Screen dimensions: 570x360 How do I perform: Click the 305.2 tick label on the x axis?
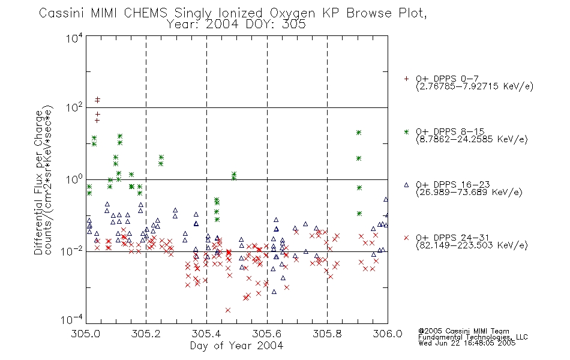pos(146,334)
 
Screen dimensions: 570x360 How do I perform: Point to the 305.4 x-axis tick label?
pos(206,334)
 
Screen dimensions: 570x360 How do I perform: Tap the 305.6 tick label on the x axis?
pos(267,334)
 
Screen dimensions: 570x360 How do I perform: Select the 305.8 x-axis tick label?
pos(327,334)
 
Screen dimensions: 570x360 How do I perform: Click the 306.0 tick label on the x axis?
pos(388,334)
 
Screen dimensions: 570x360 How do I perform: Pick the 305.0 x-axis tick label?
pos(85,334)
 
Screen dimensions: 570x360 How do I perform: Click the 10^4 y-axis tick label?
pos(74,38)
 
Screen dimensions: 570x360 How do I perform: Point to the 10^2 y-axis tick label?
pos(74,108)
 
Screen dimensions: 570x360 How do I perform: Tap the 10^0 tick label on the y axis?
pos(74,179)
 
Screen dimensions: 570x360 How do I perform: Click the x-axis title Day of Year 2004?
pos(236,346)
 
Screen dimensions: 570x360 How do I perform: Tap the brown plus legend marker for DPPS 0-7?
pos(406,79)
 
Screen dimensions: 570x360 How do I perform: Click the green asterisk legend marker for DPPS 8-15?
pos(406,132)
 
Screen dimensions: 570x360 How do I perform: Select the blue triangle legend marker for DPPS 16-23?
pos(406,185)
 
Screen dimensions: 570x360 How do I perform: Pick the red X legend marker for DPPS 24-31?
pos(406,238)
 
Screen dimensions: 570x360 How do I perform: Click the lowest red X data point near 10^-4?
pos(228,310)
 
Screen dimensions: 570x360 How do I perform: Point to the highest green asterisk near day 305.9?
pos(359,133)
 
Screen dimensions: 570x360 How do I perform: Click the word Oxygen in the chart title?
pos(293,13)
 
